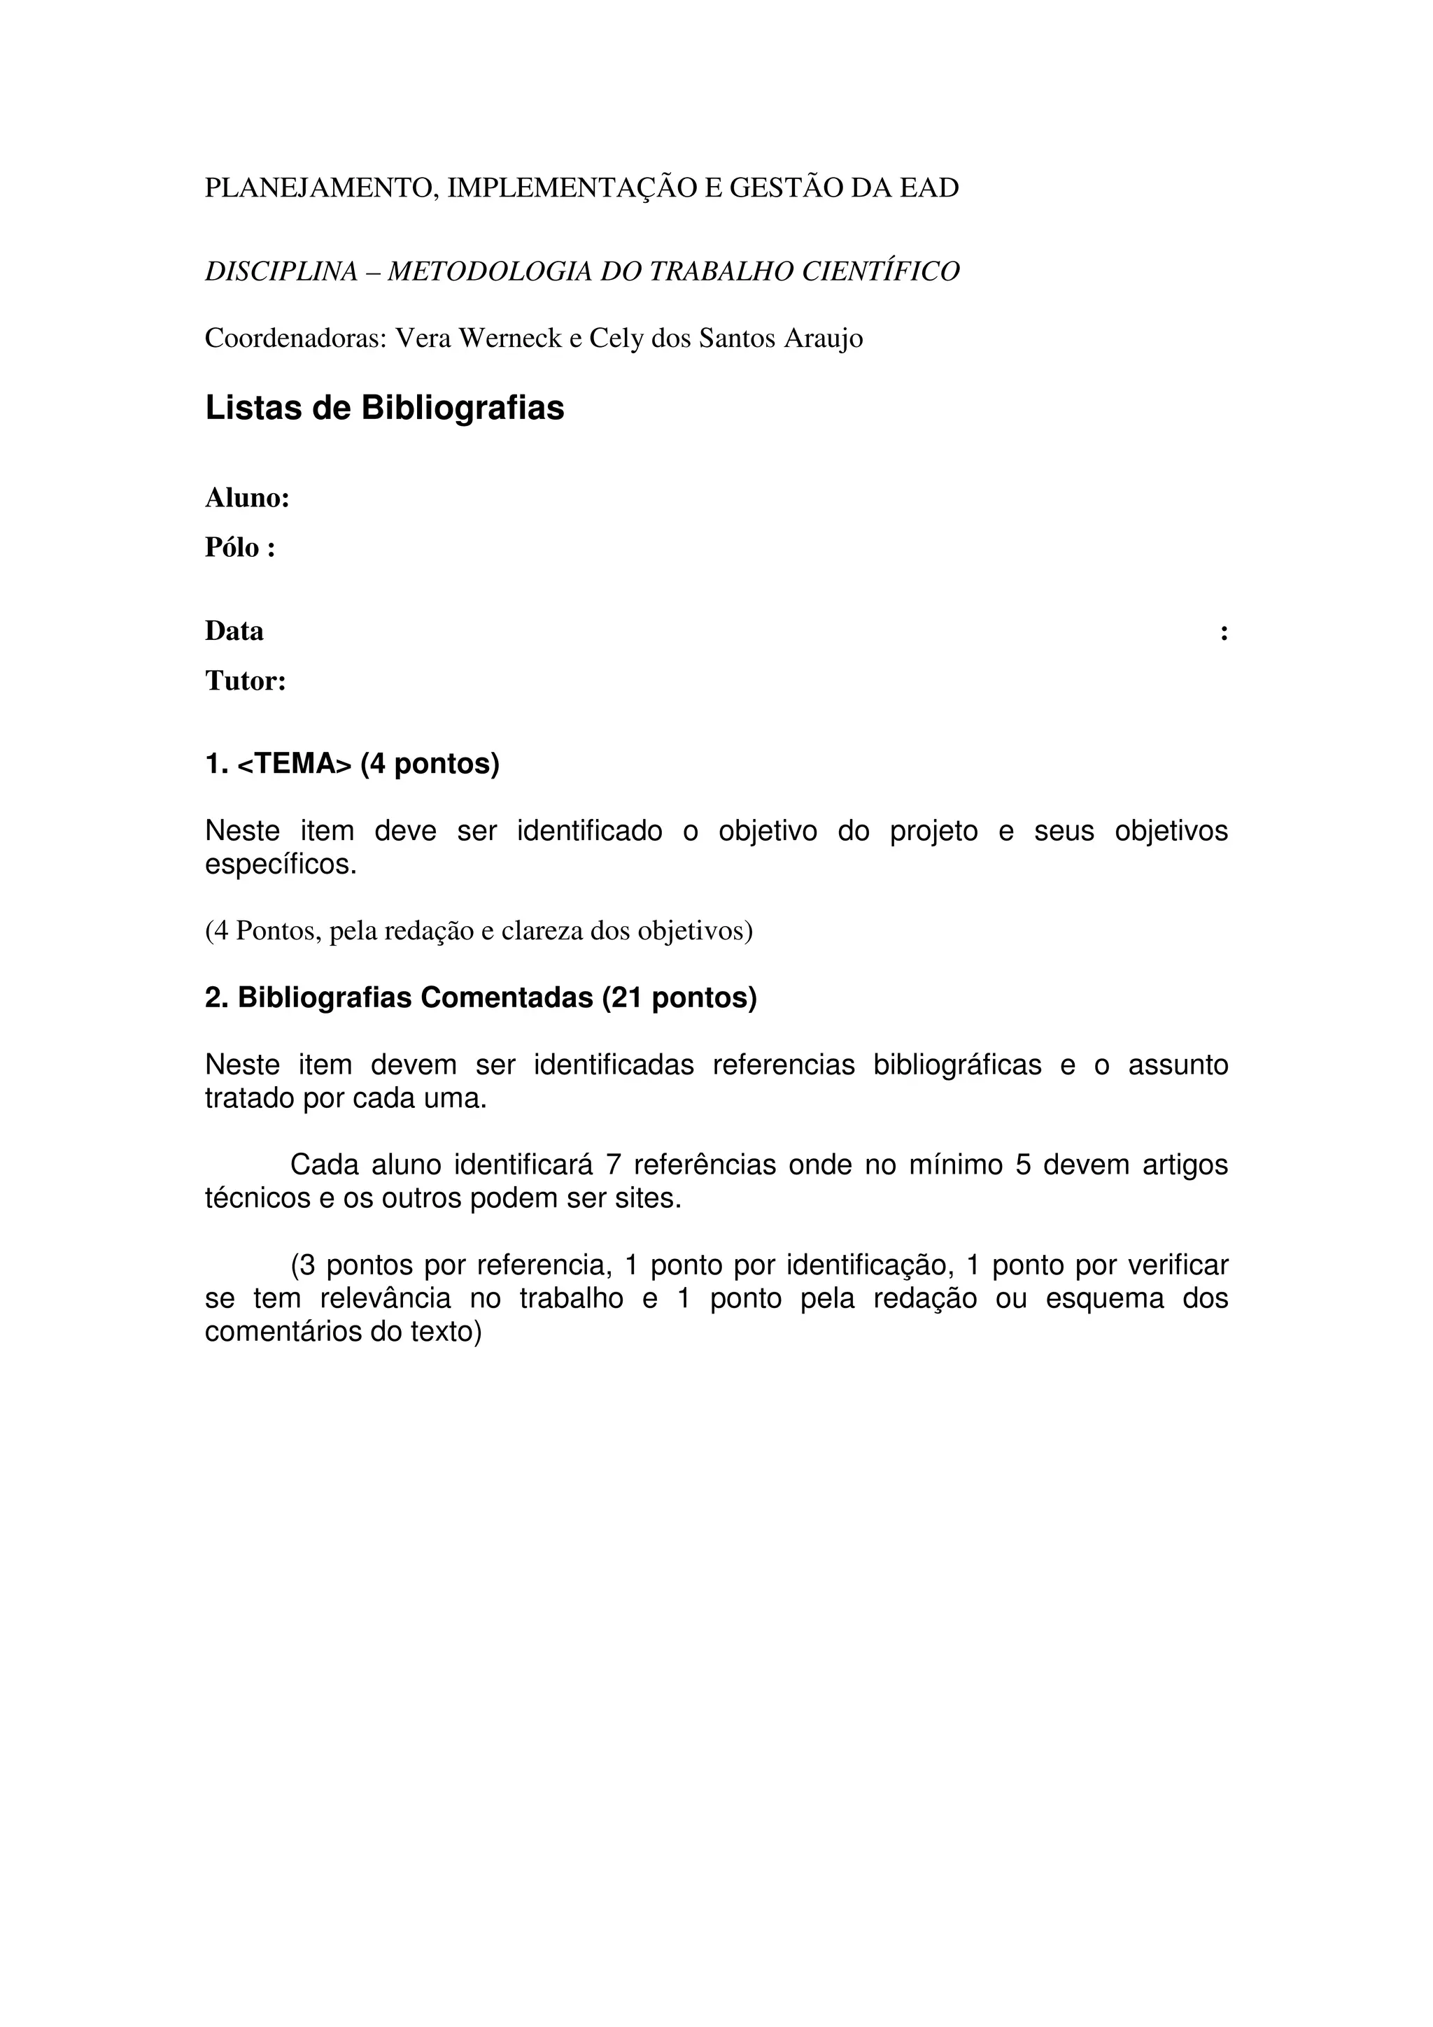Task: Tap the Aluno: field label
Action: (x=247, y=498)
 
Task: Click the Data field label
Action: (x=234, y=631)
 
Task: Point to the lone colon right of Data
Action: (x=1223, y=632)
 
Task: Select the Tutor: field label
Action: (x=246, y=681)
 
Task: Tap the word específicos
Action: (x=281, y=865)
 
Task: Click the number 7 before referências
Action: (x=614, y=1165)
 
